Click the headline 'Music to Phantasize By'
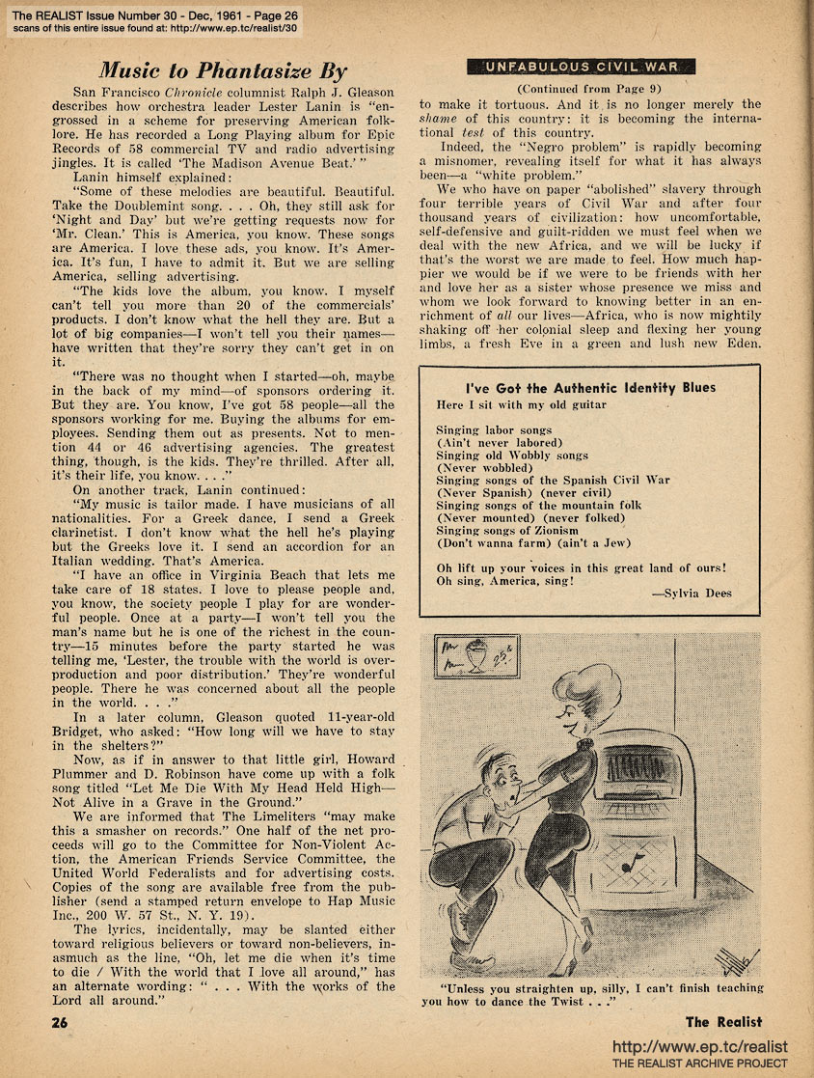224,70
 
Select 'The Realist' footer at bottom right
723,1021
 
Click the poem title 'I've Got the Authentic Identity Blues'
590,387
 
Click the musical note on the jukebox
629,862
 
